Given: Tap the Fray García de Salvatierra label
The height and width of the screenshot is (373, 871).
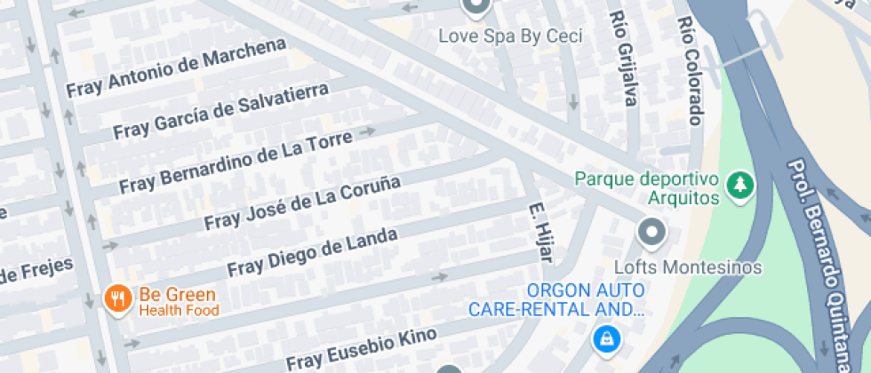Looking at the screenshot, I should point(220,111).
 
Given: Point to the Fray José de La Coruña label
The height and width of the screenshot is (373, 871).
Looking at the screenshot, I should point(302,202).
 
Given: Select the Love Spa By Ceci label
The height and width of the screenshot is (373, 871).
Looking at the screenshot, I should point(512,36).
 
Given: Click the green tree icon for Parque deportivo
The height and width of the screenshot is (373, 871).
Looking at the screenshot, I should point(739,186).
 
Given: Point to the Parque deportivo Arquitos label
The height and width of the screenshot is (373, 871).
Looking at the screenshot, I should point(646,187).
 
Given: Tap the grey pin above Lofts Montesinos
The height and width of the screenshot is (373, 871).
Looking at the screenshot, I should point(652,234).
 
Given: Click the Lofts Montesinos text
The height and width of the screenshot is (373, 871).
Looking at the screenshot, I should point(689,266).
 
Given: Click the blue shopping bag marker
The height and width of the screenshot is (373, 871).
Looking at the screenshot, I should point(605,338).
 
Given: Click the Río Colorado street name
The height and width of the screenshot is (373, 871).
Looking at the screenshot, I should point(690,71).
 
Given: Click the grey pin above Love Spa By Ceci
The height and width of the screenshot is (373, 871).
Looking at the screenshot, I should point(476,7).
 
